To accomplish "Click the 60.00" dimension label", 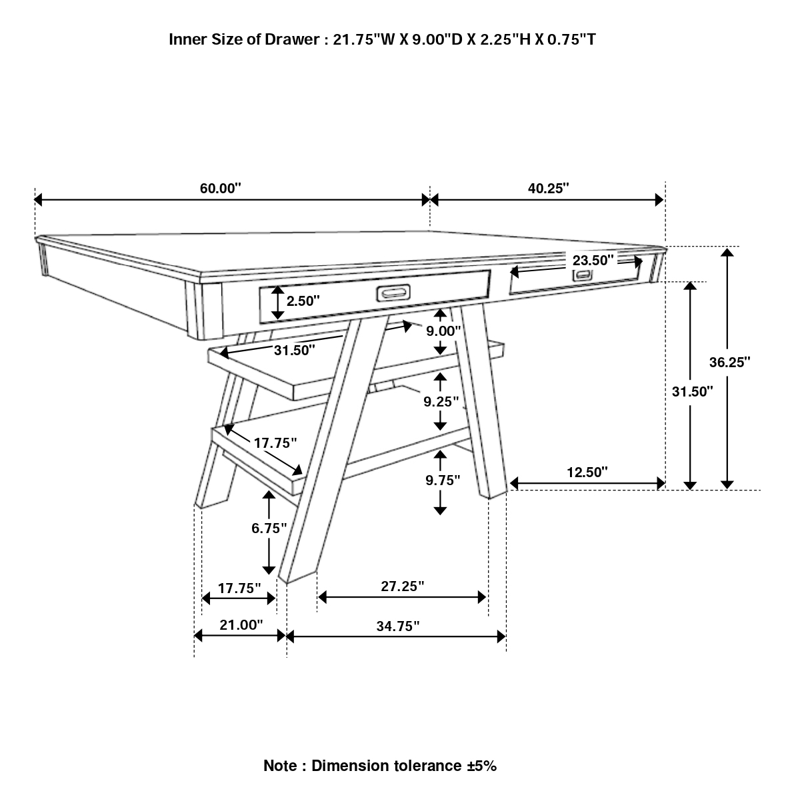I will point(220,188).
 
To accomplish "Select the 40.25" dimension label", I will point(548,188).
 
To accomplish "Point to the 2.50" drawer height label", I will point(303,301).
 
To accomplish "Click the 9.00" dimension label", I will point(443,331).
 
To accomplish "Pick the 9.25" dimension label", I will point(441,401).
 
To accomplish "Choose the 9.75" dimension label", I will point(443,480).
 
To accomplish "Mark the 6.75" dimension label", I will point(269,528).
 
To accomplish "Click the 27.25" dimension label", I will point(403,586).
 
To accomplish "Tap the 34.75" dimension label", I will point(397,626).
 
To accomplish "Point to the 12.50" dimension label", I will point(587,472).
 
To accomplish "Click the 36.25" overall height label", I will point(729,362).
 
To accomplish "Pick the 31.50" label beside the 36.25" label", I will point(693,391).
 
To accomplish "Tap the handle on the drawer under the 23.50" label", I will point(582,275).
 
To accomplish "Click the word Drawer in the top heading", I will point(295,39).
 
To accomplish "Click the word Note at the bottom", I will point(279,766).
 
